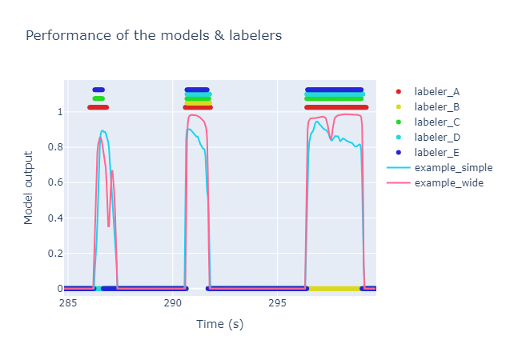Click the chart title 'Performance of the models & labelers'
click(153, 35)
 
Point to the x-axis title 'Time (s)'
click(219, 324)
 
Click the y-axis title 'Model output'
click(29, 187)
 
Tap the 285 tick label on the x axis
click(68, 303)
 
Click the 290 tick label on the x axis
click(172, 303)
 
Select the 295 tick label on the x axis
click(277, 303)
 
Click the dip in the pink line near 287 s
click(109, 226)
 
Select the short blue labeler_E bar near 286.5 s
click(98, 90)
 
